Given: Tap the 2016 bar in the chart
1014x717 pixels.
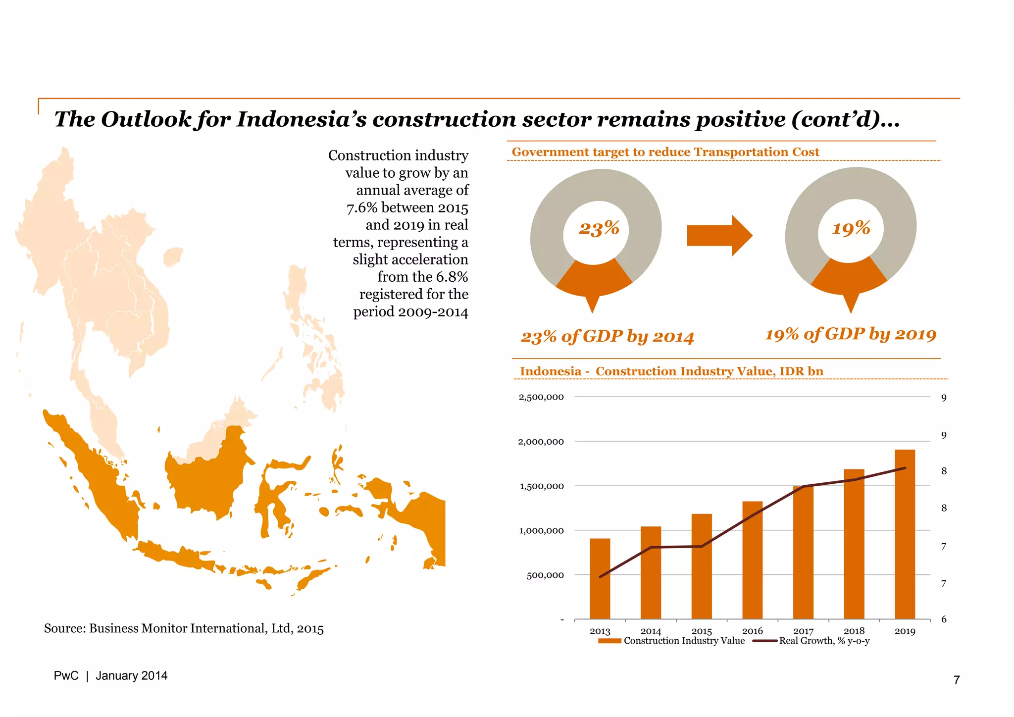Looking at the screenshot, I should (752, 560).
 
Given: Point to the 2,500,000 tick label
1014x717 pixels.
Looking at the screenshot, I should (541, 397).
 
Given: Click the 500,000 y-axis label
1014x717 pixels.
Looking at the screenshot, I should (545, 575).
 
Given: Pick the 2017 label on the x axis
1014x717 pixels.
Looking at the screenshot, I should (803, 631).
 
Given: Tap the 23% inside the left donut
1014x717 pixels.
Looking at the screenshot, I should (599, 228).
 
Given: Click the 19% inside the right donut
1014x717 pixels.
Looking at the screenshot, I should (851, 228).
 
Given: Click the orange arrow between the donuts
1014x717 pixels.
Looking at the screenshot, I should (719, 236).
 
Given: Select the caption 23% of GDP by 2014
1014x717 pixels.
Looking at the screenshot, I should (608, 337).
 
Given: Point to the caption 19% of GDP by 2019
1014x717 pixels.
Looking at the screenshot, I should (851, 334).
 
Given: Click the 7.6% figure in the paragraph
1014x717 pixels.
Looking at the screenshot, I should (361, 208).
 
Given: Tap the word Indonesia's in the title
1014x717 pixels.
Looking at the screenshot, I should (302, 119).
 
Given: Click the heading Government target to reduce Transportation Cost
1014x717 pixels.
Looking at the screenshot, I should (665, 152).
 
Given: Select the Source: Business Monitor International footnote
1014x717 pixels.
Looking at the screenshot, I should (184, 628).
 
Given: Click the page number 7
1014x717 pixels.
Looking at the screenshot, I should (957, 680).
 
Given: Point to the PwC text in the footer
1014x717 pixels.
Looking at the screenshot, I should (66, 676).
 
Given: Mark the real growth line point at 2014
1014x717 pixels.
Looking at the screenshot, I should (651, 547).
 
